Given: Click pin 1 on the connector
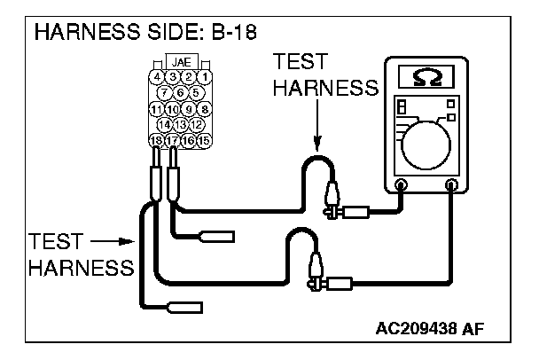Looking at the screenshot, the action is pos(204,77).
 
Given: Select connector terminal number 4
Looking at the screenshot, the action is pos(157,77).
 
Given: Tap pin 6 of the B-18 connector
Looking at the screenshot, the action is pos(181,92).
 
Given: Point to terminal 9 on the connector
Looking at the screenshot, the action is pos(189,108).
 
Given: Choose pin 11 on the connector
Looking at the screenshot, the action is pos(157,108).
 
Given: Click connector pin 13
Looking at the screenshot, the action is pos(181,124).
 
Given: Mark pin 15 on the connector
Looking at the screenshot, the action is pos(204,140).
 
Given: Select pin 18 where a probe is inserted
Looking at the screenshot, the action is pos(157,140).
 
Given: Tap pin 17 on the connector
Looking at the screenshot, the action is pos(173,140).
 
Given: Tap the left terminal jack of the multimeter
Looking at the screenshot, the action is pos(401,185).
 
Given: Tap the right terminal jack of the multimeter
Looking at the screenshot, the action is pos(452,185).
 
